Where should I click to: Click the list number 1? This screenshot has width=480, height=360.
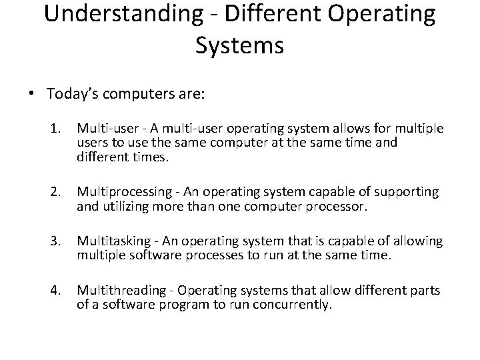56,128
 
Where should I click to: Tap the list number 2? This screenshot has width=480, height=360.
56,193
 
